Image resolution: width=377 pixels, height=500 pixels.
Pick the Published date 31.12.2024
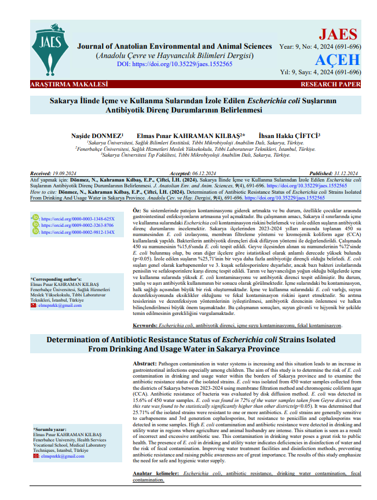(x=346, y=173)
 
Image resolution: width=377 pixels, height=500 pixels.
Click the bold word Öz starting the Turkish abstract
(x=137, y=208)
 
